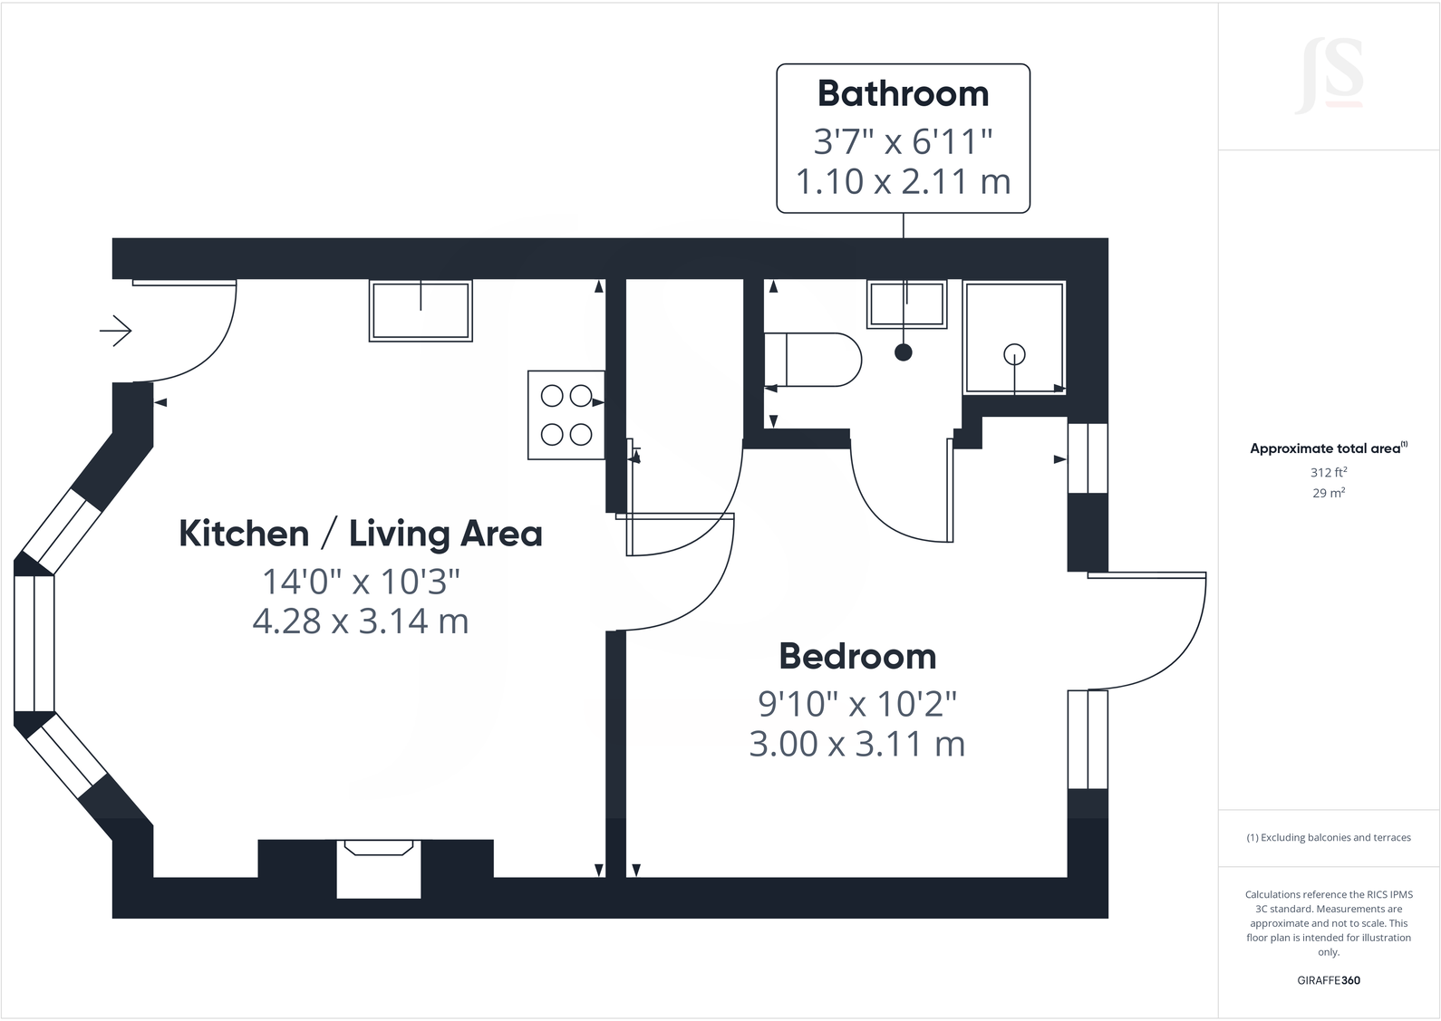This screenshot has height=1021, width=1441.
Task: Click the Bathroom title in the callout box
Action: tap(903, 94)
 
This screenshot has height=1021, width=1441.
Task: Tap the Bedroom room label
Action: tap(857, 656)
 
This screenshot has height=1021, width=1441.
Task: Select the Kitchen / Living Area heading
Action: tap(361, 534)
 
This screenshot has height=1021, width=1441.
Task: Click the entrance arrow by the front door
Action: tap(116, 331)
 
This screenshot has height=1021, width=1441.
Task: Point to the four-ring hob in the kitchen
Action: tap(566, 416)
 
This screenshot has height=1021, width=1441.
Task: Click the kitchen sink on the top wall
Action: tap(421, 311)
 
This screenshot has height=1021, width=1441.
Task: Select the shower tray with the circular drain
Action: tap(1014, 338)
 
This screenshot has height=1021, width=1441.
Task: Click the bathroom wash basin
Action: tap(906, 304)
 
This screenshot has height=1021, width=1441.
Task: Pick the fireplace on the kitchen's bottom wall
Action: tap(379, 867)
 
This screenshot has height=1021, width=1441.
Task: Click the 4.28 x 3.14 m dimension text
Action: tap(361, 621)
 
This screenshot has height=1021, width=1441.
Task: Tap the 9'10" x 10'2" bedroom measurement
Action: tap(857, 703)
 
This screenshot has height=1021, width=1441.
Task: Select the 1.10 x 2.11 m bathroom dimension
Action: tap(903, 182)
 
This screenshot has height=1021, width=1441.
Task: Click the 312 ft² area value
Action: tap(1329, 472)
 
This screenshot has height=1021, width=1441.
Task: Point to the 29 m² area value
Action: tap(1329, 493)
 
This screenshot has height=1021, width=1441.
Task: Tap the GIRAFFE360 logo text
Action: tap(1329, 980)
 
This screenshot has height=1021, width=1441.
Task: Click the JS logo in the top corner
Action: tap(1330, 76)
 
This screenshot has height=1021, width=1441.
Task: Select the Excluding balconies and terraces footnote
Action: tap(1329, 838)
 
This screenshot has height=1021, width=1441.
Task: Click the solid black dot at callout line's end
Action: tap(903, 352)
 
